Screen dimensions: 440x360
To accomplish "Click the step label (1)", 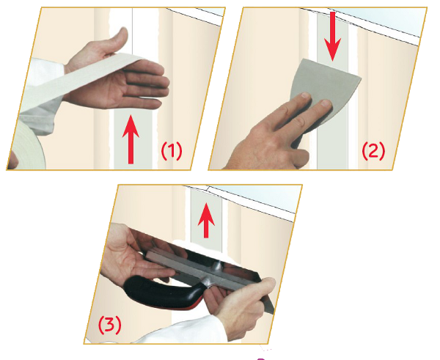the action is coord(172,151).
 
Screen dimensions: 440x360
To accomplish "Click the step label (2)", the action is coord(373,151).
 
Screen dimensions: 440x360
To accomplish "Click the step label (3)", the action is coord(110,325).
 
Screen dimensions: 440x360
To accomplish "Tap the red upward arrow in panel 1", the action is coord(131,139).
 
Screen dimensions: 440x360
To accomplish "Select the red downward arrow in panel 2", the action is coord(332,36).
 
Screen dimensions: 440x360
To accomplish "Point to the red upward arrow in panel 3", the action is coord(206,221).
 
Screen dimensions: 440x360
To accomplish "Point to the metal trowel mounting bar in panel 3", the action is coord(202,269).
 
